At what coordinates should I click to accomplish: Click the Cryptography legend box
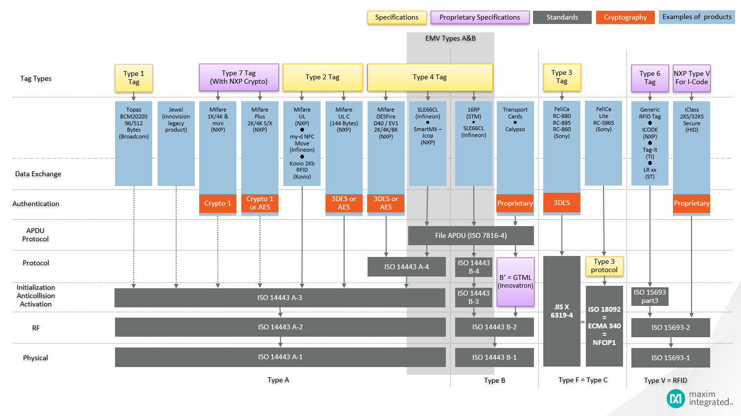coord(625,17)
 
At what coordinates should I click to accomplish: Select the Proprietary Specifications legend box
coord(480,17)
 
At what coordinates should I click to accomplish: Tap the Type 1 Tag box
coord(134,78)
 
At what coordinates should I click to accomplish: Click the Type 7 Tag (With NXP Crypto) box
coord(239,77)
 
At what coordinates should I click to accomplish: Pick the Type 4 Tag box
coord(430,77)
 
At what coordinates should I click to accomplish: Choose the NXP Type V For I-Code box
coord(692,78)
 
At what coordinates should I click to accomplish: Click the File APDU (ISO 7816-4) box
coord(471,235)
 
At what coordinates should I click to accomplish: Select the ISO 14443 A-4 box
coord(407,267)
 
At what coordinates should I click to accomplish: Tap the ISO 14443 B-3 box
coord(474,297)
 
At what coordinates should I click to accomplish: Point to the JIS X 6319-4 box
coord(562,311)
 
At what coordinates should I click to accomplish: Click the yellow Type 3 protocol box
coord(604,266)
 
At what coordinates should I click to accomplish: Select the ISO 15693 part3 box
coord(649,296)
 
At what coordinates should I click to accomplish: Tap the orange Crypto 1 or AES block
coord(260,203)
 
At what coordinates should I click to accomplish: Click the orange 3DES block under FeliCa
coord(562,203)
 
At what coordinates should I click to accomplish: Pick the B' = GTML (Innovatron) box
coord(515,282)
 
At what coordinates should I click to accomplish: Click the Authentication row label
coord(36,204)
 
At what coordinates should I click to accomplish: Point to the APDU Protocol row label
coord(35,234)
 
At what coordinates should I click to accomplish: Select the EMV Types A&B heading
coord(451,38)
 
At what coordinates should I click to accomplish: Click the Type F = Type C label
coord(583,380)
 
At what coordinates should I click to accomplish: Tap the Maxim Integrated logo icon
coord(675,398)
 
